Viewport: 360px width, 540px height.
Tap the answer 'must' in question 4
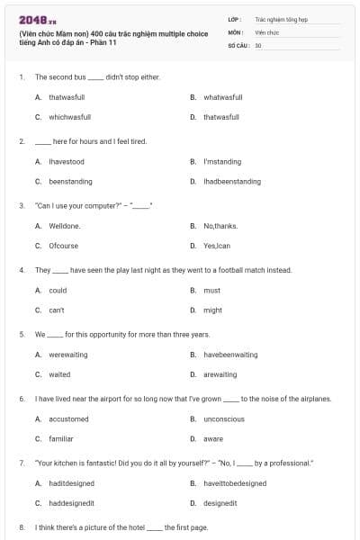point(211,290)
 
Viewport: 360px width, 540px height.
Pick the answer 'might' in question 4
point(212,310)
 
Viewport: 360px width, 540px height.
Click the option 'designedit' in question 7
point(220,503)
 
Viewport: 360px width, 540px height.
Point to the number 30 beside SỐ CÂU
point(258,44)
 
